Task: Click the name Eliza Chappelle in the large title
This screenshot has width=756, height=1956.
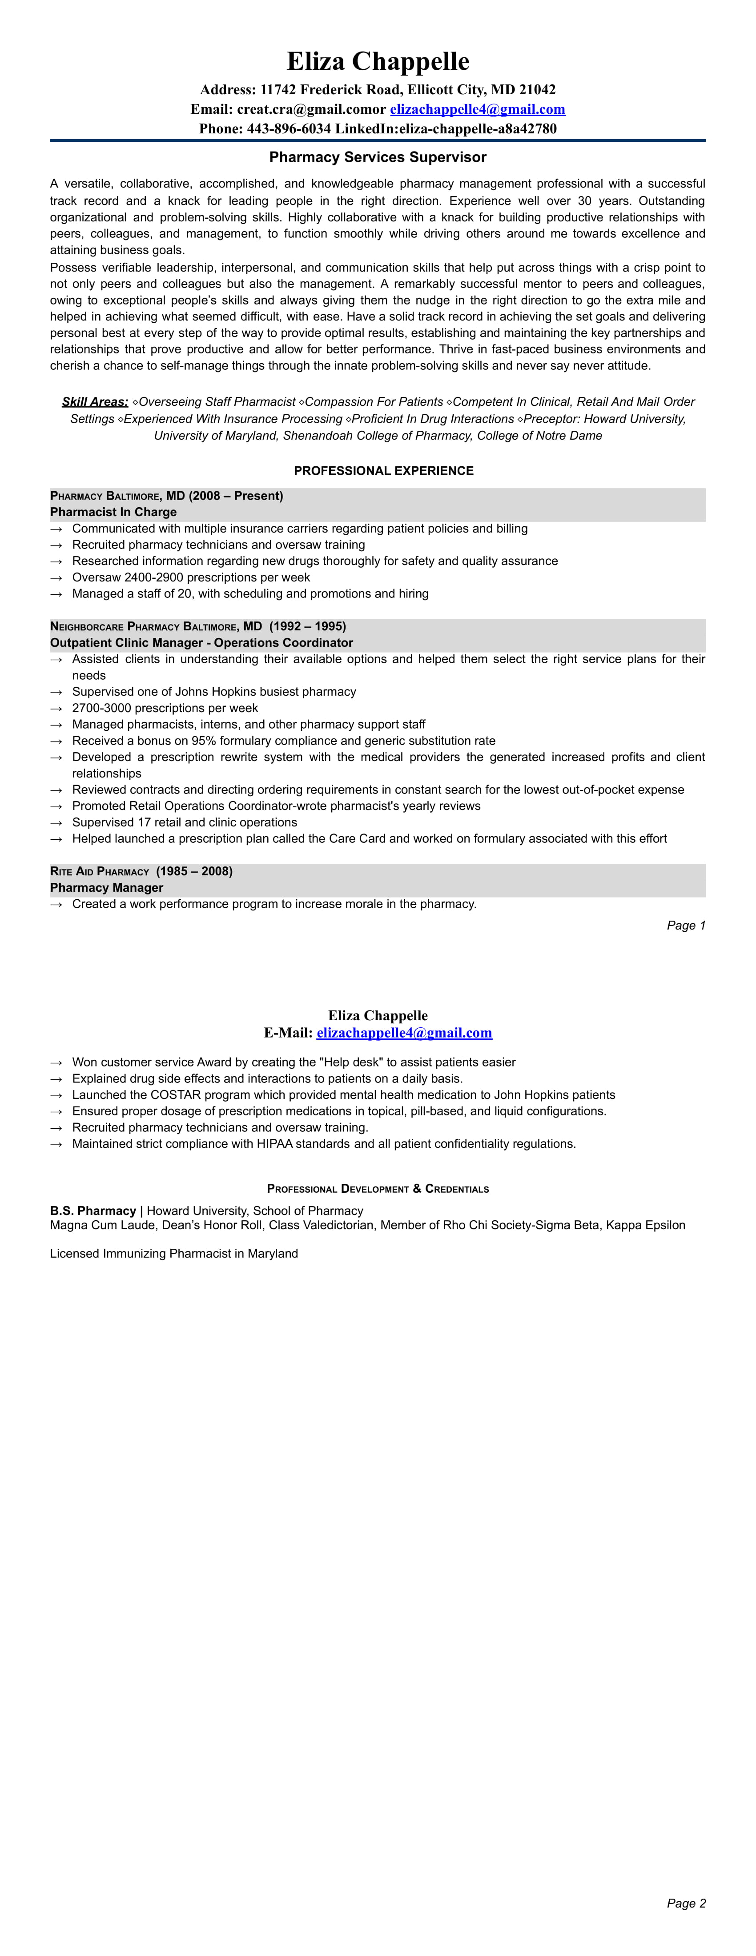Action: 378,61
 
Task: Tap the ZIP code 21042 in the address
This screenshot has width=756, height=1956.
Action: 537,90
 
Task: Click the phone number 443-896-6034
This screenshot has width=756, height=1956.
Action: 289,129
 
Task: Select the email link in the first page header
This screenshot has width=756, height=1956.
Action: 477,109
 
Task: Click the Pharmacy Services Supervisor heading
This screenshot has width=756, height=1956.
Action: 378,157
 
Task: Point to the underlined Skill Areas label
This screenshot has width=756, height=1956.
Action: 95,402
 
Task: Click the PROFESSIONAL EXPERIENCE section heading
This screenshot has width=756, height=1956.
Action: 384,471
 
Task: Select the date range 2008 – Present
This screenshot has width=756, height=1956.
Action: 236,496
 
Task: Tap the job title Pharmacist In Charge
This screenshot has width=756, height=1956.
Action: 113,512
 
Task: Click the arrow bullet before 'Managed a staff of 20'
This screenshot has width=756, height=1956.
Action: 56,594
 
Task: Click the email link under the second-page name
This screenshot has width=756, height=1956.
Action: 404,1033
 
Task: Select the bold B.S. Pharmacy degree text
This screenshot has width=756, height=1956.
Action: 92,1210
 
